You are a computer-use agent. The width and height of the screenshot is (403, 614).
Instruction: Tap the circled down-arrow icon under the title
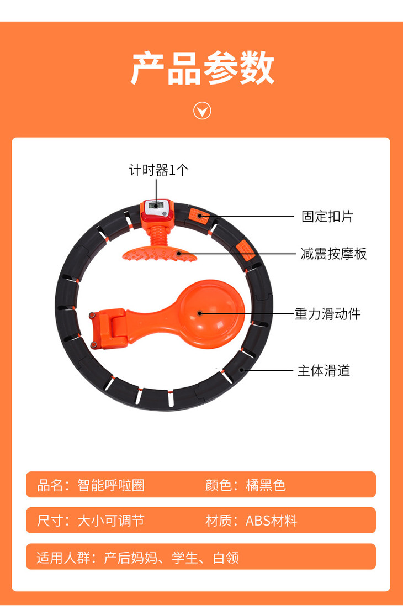tap(202, 111)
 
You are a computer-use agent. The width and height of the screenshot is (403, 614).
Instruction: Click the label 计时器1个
tap(159, 170)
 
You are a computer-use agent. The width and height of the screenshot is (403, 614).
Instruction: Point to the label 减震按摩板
tap(333, 254)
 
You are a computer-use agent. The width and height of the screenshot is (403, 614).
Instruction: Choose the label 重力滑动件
tap(327, 314)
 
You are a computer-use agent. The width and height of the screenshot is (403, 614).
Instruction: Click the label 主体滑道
tap(324, 370)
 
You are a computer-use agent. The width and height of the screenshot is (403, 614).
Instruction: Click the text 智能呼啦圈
tap(111, 485)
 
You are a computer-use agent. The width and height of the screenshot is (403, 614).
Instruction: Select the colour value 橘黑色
tap(266, 485)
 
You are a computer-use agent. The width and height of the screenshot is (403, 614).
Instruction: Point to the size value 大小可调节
tap(111, 521)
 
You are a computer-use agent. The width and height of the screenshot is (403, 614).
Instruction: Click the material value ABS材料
tap(271, 521)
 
